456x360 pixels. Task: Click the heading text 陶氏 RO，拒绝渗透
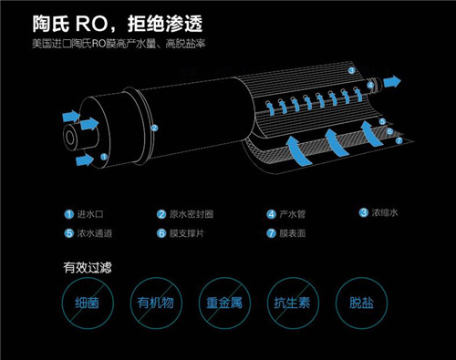point(118,24)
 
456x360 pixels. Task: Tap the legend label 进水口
point(90,214)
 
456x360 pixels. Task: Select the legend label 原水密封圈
point(192,214)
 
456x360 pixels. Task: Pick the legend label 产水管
point(292,214)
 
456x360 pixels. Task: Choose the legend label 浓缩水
point(385,212)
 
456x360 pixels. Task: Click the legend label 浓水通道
point(94,233)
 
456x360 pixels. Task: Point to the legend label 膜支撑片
point(187,233)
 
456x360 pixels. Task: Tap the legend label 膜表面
point(292,233)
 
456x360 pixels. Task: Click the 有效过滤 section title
point(88,267)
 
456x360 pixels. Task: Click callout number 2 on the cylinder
point(154,128)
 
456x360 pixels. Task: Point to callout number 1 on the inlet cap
point(104,157)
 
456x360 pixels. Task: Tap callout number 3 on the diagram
point(351,70)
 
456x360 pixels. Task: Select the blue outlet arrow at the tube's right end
point(392,82)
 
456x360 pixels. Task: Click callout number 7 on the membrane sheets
point(399,140)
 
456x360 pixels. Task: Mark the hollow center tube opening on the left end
point(70,139)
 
